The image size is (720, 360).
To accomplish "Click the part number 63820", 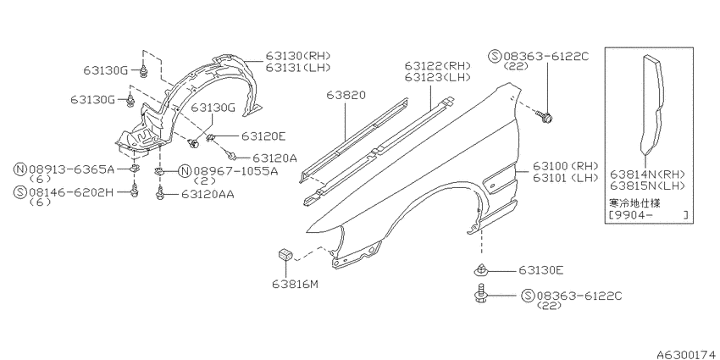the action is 346,95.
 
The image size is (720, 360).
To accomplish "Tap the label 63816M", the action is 295,285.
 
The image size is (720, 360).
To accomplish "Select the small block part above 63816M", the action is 285,253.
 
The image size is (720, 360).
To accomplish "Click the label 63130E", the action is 540,270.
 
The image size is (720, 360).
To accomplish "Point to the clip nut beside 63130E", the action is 481,270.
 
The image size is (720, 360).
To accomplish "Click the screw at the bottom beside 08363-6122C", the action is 479,293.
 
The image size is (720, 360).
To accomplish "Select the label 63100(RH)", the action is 566,166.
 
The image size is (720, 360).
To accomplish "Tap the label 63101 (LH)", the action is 566,177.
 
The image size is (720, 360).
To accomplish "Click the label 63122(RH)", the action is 438,66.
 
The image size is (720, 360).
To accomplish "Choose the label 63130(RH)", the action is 298,56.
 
